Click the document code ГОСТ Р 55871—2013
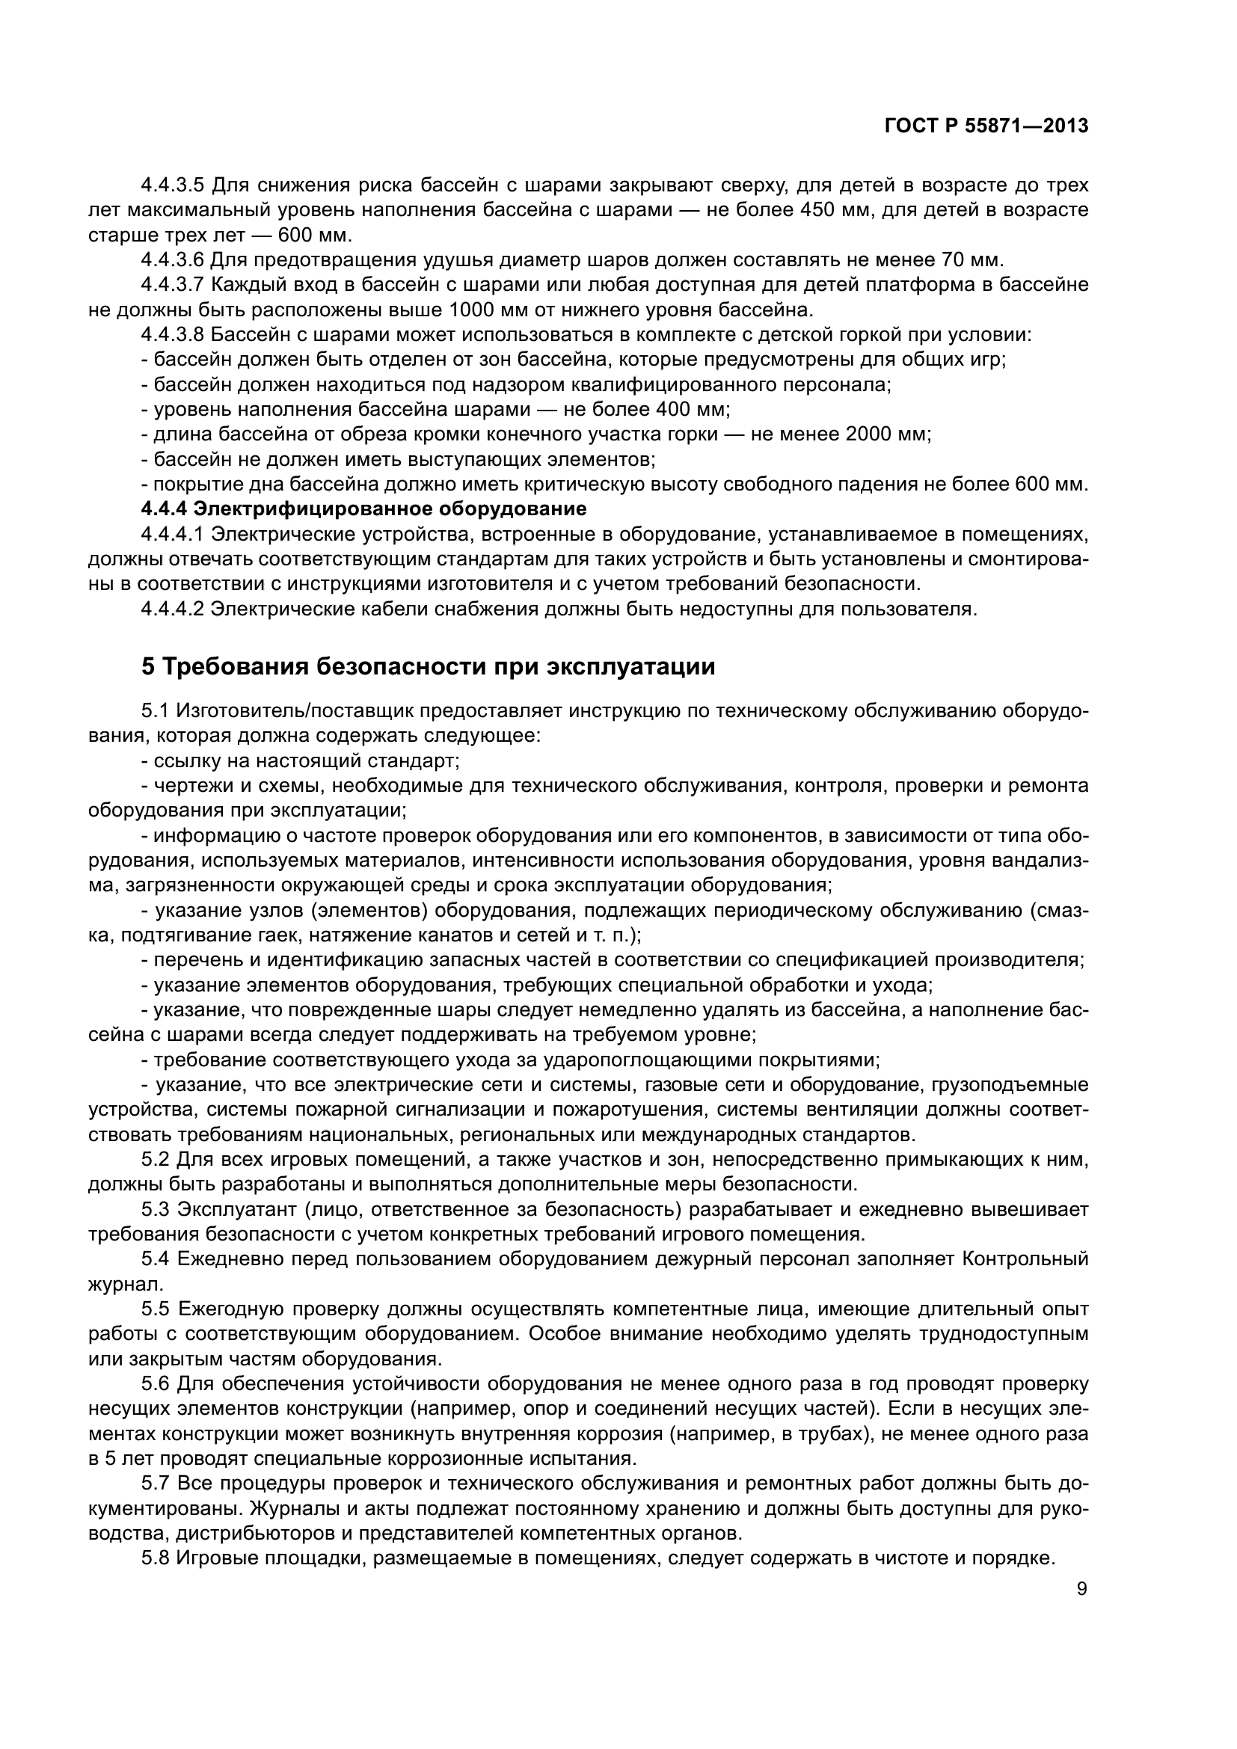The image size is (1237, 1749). click(986, 126)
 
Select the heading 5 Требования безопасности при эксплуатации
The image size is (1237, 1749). click(428, 666)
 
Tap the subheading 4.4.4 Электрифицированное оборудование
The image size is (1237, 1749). click(364, 508)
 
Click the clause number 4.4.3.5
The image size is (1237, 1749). click(172, 185)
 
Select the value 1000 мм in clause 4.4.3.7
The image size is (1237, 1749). click(488, 310)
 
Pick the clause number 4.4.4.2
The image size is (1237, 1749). click(172, 609)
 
